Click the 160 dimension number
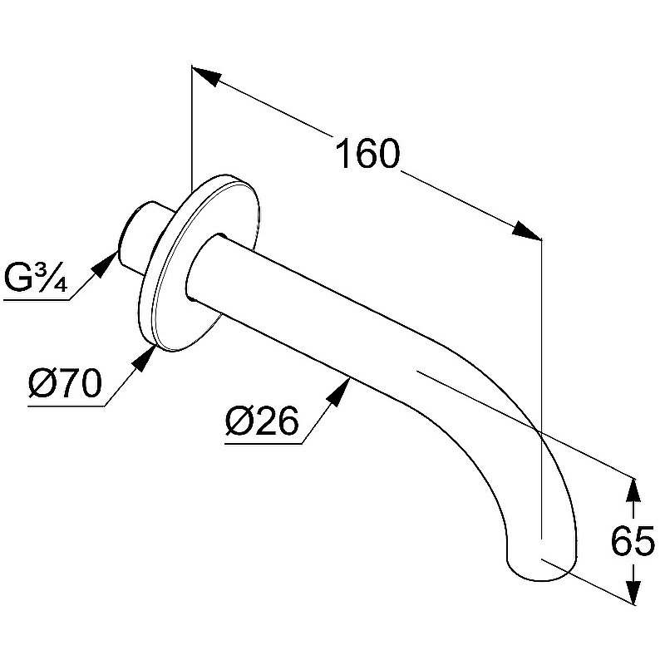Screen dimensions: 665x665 [367, 153]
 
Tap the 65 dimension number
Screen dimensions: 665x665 [633, 541]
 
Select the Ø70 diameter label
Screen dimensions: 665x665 [65, 383]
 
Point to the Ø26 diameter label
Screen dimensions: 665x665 [262, 421]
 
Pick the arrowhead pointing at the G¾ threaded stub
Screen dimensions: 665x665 [106, 264]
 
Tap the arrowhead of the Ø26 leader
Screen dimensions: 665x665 [338, 393]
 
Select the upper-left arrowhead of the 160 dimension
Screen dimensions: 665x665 [206, 76]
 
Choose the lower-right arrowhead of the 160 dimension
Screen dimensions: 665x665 [527, 231]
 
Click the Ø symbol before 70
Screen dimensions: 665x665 [42, 383]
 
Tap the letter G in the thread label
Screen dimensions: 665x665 [17, 278]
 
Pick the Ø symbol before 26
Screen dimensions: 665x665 [239, 421]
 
